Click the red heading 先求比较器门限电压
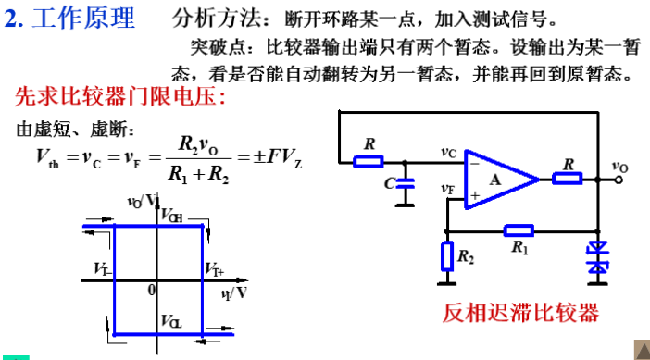pyautogui.click(x=120, y=95)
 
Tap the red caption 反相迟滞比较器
pyautogui.click(x=521, y=312)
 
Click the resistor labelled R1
pyautogui.click(x=519, y=230)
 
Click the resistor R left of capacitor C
pyautogui.click(x=369, y=161)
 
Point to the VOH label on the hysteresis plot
pyautogui.click(x=171, y=216)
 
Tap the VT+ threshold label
pyautogui.click(x=214, y=269)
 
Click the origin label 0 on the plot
pyautogui.click(x=151, y=289)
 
